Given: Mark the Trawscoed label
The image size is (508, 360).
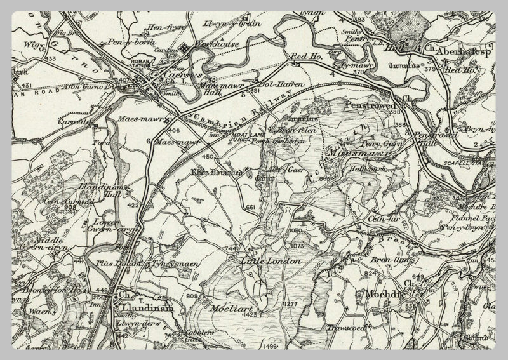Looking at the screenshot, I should (345, 328).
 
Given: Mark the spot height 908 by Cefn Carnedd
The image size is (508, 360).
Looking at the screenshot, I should (70, 207).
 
